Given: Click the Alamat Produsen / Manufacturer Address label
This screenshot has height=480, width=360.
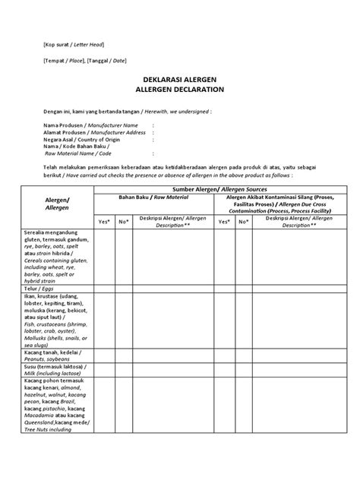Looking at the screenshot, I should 93,132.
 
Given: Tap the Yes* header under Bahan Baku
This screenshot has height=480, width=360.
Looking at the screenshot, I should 105,221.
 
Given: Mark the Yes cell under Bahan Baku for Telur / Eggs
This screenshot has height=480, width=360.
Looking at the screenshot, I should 105,289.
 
